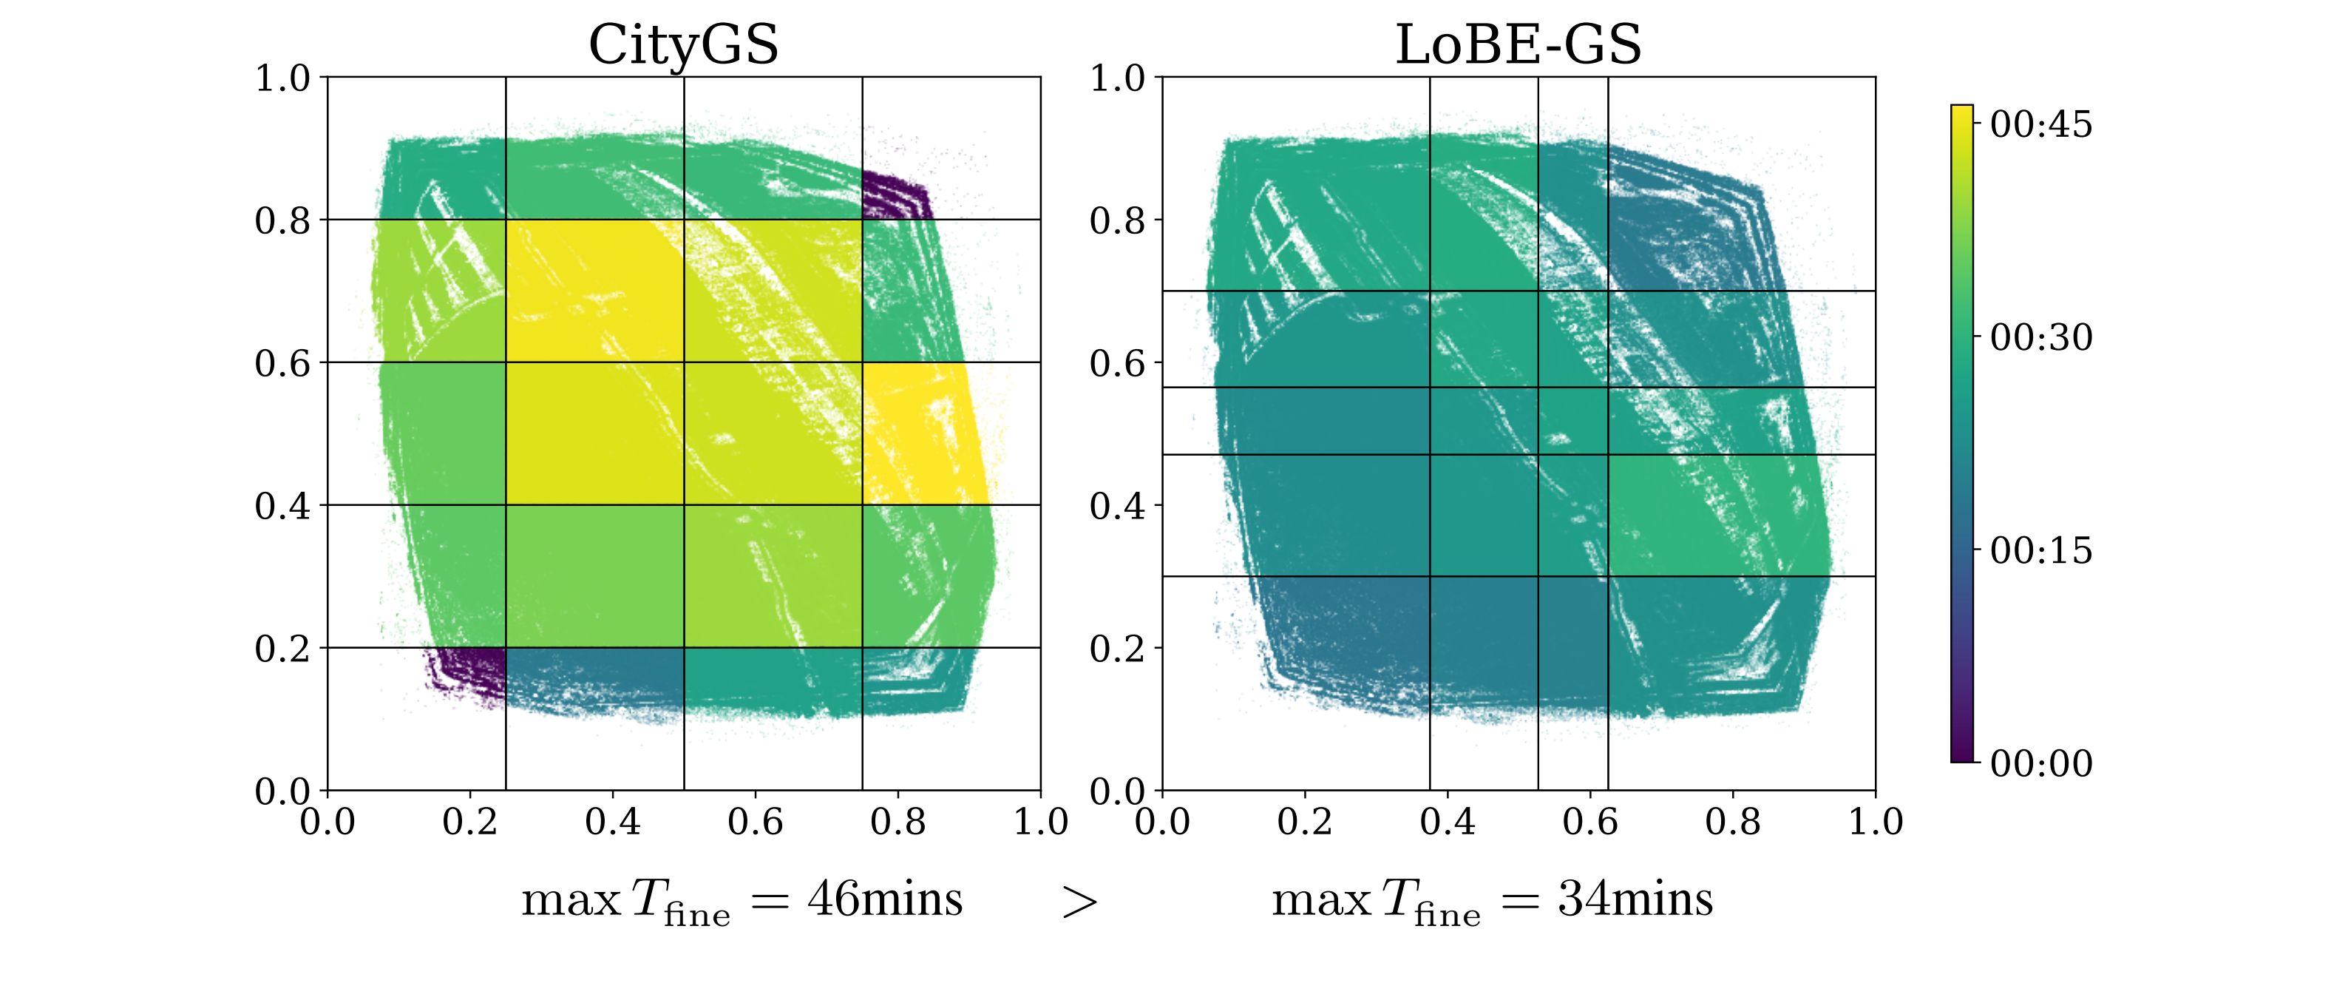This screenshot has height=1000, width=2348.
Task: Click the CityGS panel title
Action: click(684, 44)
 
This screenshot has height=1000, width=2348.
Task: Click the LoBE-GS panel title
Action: click(1519, 44)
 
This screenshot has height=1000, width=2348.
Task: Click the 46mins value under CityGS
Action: click(884, 899)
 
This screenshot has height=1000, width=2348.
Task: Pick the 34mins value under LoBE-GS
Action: click(1635, 899)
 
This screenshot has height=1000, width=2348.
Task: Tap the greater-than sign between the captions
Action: click(1080, 902)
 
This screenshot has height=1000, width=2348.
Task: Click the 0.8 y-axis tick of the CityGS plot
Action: click(282, 220)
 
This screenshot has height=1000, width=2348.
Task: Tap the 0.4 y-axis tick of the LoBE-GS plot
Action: click(1118, 506)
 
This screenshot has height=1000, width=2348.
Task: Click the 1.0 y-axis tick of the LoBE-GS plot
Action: click(1118, 78)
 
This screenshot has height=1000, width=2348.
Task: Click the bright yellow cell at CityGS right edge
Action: click(920, 433)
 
